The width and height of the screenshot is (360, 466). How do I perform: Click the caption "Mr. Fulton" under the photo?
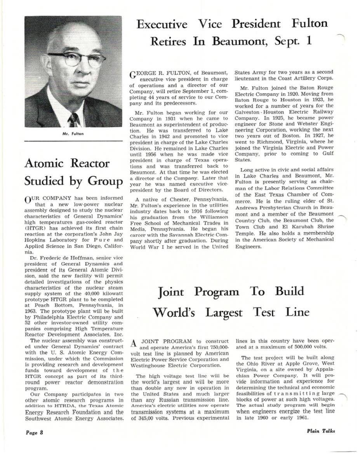click(x=73, y=134)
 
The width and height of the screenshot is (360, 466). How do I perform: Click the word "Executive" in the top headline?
click(x=162, y=24)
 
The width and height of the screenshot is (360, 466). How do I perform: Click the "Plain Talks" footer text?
click(x=320, y=431)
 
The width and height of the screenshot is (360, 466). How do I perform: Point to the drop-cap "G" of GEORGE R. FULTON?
click(x=132, y=75)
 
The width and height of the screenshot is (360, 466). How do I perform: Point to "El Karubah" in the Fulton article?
click(x=295, y=227)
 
